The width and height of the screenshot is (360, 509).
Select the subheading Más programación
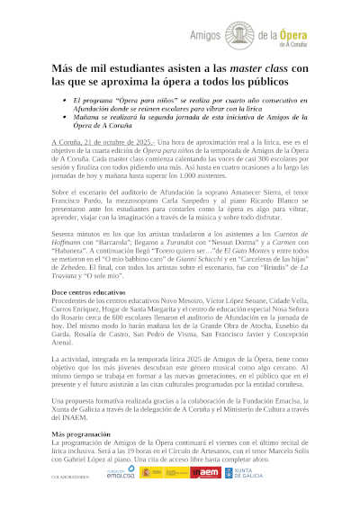pos(81,433)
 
